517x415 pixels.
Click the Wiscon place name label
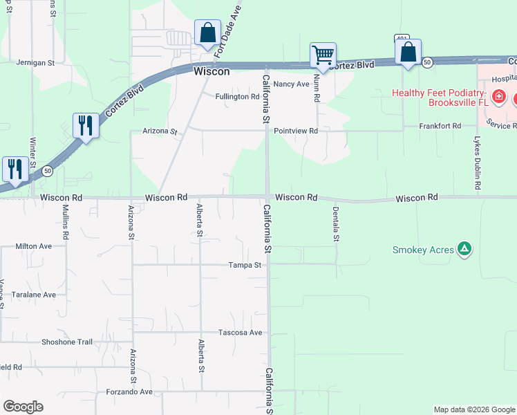coord(211,71)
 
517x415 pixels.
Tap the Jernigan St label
coord(35,62)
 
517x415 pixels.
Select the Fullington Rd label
coord(237,97)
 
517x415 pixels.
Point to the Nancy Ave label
coord(291,84)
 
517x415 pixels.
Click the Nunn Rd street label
coord(317,89)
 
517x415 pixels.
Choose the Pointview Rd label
coord(295,131)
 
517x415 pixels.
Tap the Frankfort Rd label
coord(440,126)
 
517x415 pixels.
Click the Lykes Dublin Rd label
coord(477,163)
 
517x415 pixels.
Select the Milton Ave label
coord(34,246)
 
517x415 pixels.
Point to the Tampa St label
coord(245,265)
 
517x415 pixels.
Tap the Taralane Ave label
coord(34,294)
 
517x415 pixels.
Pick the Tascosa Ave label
coord(241,333)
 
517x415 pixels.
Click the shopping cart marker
coord(323,54)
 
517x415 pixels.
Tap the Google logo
coord(23,407)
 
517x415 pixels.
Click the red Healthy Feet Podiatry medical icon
coord(497,98)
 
